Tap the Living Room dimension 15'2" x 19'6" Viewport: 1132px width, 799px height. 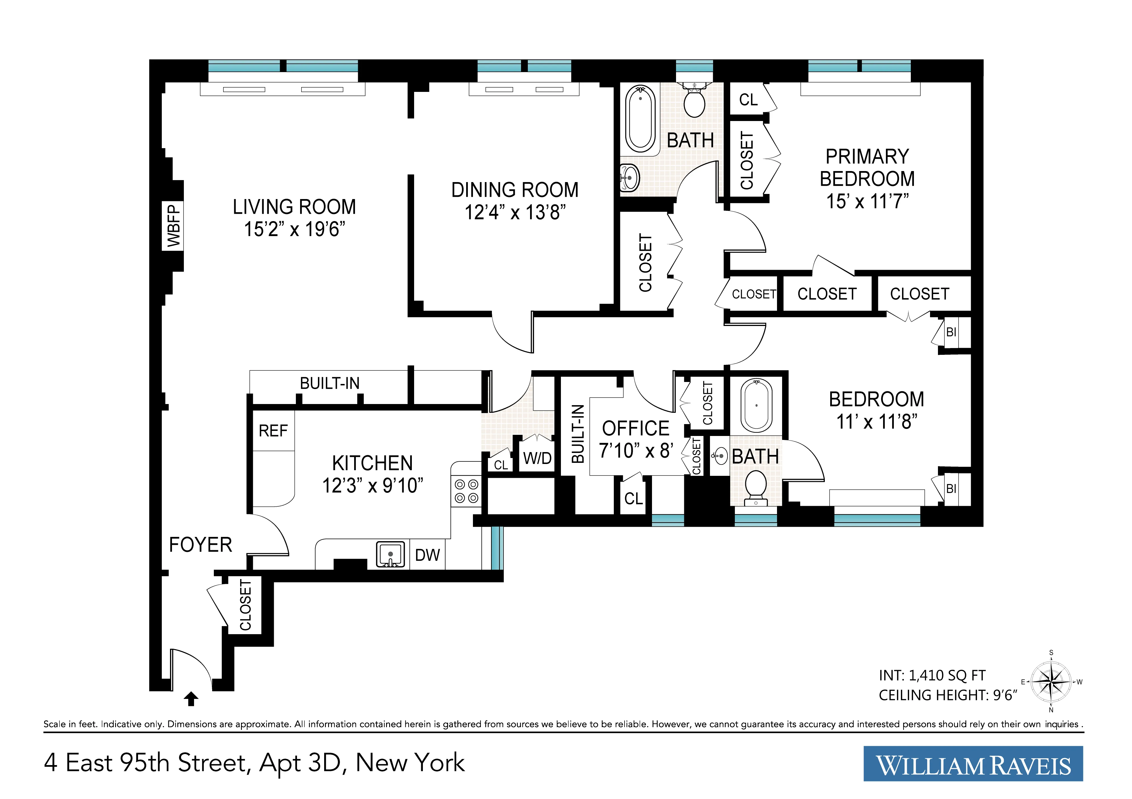[x=294, y=229]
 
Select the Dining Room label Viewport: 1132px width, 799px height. [x=515, y=190]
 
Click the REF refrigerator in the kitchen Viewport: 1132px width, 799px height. [x=273, y=431]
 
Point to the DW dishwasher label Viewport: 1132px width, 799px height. [x=427, y=555]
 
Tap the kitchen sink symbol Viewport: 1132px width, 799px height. [x=390, y=554]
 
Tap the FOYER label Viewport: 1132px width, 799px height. [x=200, y=545]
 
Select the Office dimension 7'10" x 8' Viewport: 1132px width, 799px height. [x=636, y=450]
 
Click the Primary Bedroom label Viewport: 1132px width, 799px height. [x=867, y=168]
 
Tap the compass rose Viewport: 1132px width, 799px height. [x=1051, y=682]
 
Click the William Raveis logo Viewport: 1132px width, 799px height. [x=973, y=763]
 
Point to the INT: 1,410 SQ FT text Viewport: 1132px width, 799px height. [x=932, y=675]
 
